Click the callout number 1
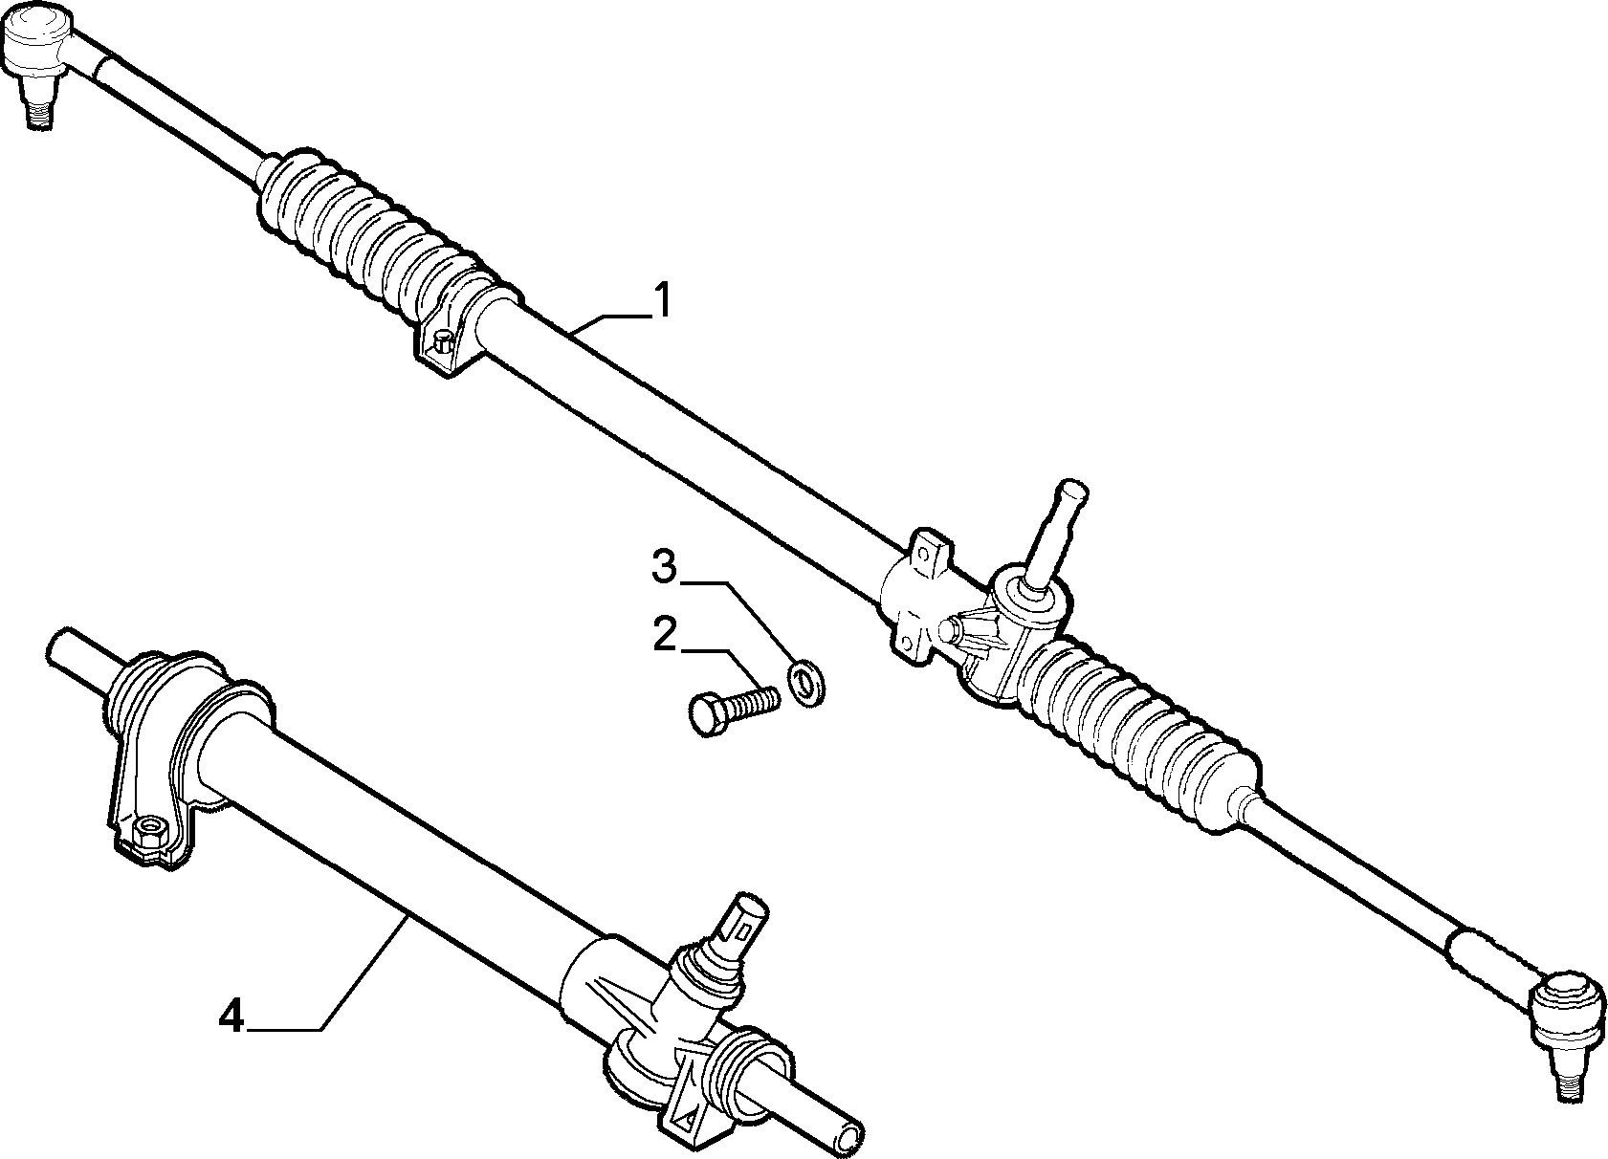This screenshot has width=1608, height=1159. [x=662, y=300]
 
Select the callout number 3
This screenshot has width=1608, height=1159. [x=664, y=566]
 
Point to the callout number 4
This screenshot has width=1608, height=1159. [x=231, y=1017]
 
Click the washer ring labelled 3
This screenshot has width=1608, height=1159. [x=806, y=685]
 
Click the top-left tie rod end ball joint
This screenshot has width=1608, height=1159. [x=43, y=57]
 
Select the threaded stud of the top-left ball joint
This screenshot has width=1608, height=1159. [x=37, y=111]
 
